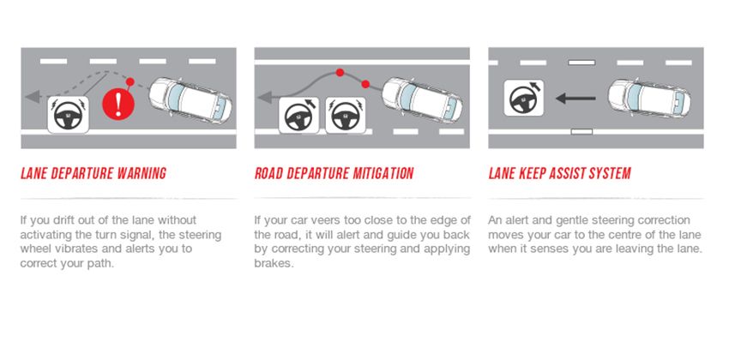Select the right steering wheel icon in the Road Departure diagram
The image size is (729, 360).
[x=343, y=114]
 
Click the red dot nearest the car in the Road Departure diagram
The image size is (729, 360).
[x=365, y=84]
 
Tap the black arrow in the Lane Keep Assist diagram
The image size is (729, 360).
[x=575, y=99]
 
